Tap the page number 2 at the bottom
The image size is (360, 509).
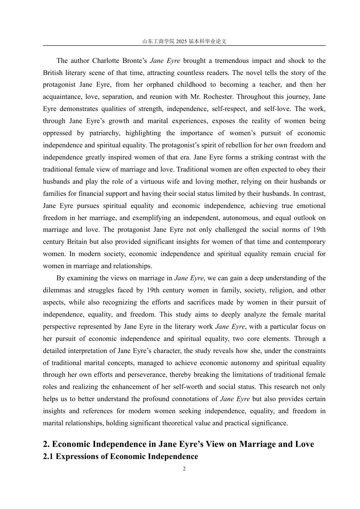pyautogui.click(x=184, y=469)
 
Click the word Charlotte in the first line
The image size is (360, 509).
pyautogui.click(x=106, y=61)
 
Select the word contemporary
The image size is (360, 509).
pyautogui.click(x=302, y=242)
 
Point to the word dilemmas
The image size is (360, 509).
pyautogui.click(x=57, y=290)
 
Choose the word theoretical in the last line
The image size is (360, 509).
pyautogui.click(x=179, y=423)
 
